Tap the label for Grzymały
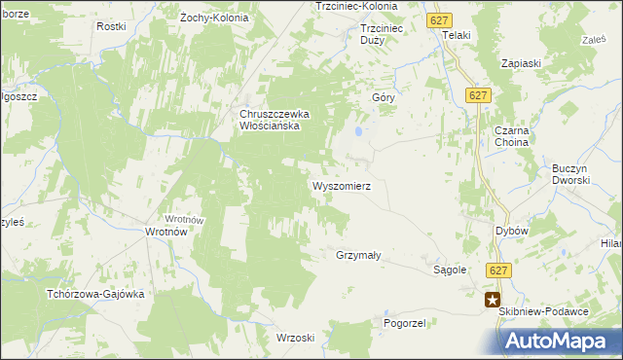coord(357,256)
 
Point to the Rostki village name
coord(111,26)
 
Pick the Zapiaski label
coord(521,62)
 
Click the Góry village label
coord(383,98)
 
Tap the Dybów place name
coord(511,231)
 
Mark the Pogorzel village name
coord(405,322)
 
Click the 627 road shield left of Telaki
coord(437,18)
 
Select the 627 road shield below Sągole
coord(499,271)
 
